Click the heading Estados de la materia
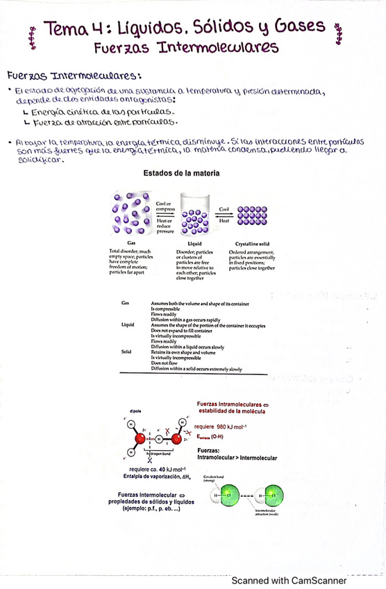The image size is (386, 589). (181, 173)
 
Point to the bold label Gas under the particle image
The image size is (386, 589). (131, 242)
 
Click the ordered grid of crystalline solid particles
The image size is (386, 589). (253, 215)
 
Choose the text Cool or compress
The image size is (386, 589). (165, 206)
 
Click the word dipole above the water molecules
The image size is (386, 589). (135, 411)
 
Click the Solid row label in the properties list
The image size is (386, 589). (126, 352)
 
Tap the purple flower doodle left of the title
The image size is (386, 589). (32, 38)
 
